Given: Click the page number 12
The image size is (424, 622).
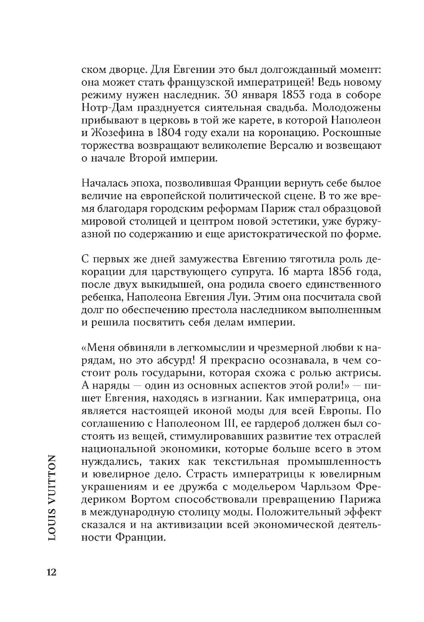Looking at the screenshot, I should pos(51,572).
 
